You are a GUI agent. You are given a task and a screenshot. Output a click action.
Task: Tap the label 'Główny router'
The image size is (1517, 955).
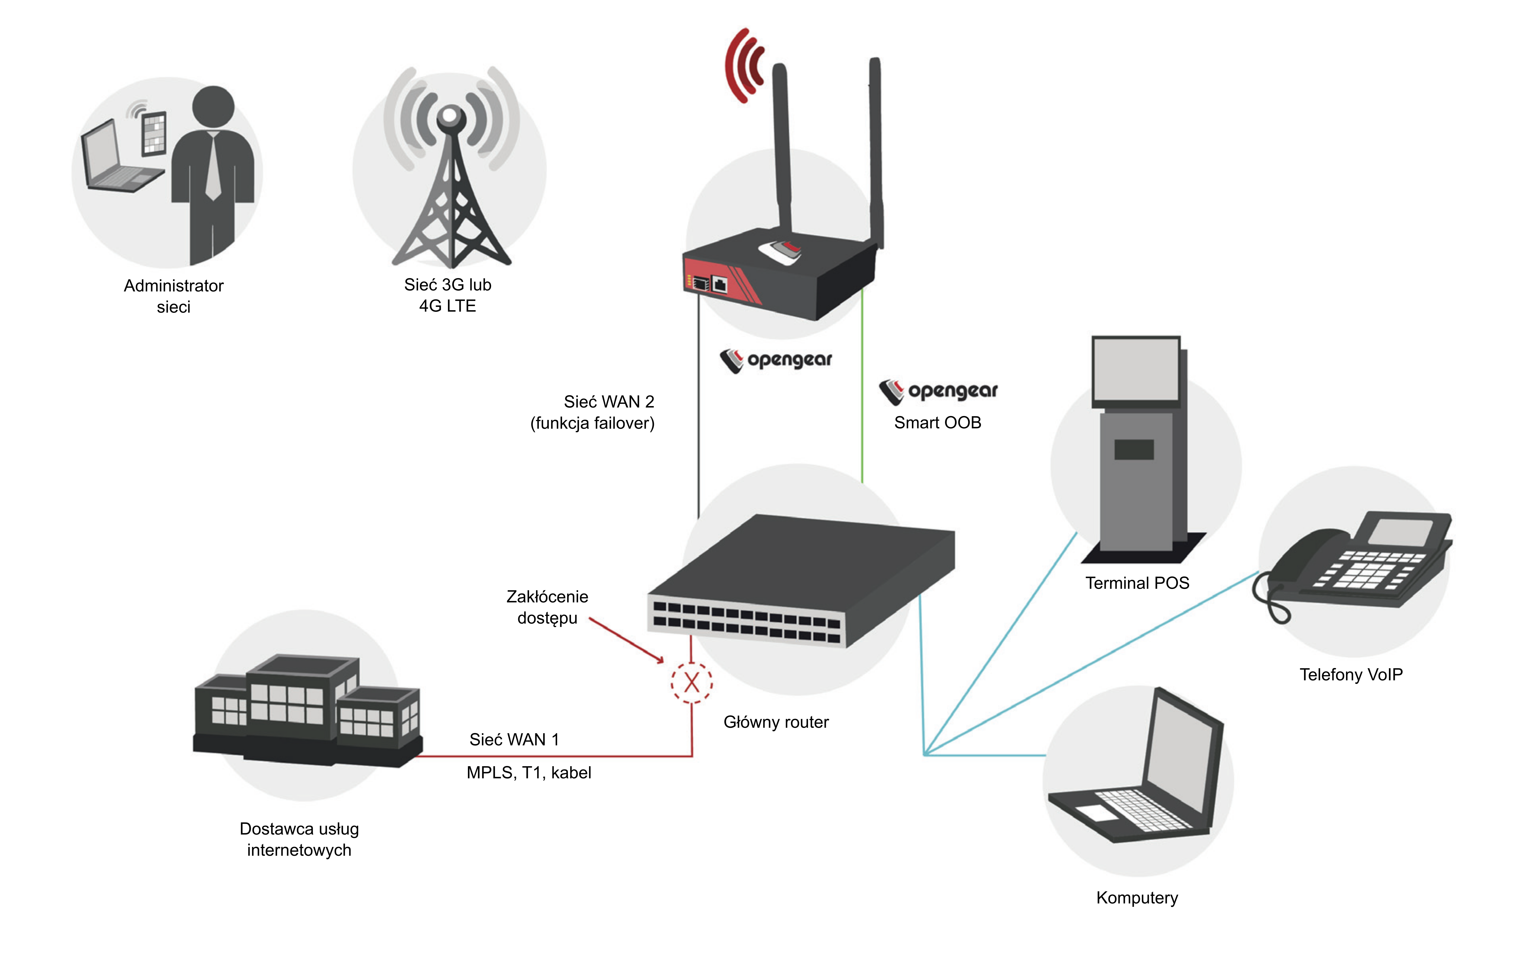tap(776, 722)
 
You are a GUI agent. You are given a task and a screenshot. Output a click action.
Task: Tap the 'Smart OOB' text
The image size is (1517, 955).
tap(937, 423)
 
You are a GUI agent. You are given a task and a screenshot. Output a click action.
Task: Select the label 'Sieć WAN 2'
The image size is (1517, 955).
tap(608, 402)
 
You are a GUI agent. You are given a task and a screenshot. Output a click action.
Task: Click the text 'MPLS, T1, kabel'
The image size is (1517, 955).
tap(529, 773)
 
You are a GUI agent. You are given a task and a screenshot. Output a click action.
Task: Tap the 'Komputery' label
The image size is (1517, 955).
tap(1137, 898)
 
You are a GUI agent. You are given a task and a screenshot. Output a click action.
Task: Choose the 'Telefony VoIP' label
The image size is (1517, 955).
tap(1351, 675)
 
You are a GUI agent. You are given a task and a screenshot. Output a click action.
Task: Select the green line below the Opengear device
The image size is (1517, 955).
tap(862, 384)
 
